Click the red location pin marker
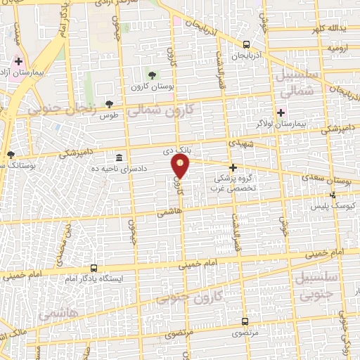coord(181,167)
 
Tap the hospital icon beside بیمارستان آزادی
coord(18,62)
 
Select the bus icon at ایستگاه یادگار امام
coord(94,268)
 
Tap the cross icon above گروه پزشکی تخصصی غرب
coord(233,167)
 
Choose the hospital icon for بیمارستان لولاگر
coord(281,112)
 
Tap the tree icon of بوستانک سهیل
coord(10,155)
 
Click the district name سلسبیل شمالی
coord(300,84)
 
